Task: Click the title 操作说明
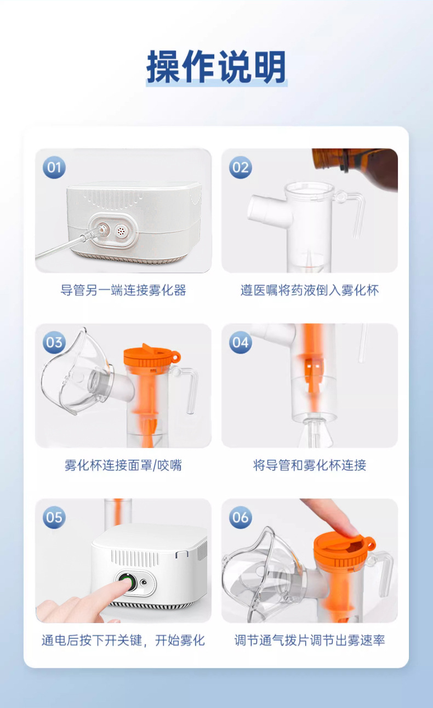[x=216, y=68]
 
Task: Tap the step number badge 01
[x=54, y=167]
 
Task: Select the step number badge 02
[x=240, y=167]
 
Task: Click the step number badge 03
[x=54, y=342]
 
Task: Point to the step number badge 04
[x=240, y=342]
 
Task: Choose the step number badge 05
[x=54, y=517]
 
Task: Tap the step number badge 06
[x=240, y=517]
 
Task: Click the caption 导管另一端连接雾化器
[x=123, y=290]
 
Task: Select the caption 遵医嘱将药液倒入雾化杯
[x=310, y=290]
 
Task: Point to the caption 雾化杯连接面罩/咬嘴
[x=123, y=465]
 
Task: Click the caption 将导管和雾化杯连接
[x=310, y=465]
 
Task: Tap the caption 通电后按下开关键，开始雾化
[x=123, y=640]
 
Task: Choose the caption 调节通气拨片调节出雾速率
[x=310, y=640]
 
